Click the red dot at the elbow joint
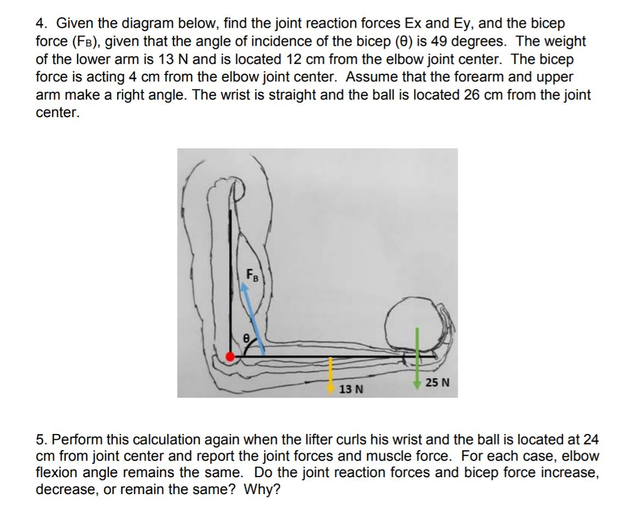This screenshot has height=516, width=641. (x=230, y=356)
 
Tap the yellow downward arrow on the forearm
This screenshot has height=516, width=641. (x=331, y=374)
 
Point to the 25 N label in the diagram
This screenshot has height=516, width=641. (x=437, y=383)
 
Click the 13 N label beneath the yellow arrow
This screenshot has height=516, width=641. (x=351, y=390)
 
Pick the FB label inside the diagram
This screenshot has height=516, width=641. (x=251, y=274)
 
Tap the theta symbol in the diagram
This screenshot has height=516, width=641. (x=246, y=338)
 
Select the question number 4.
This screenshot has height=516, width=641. (x=41, y=24)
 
